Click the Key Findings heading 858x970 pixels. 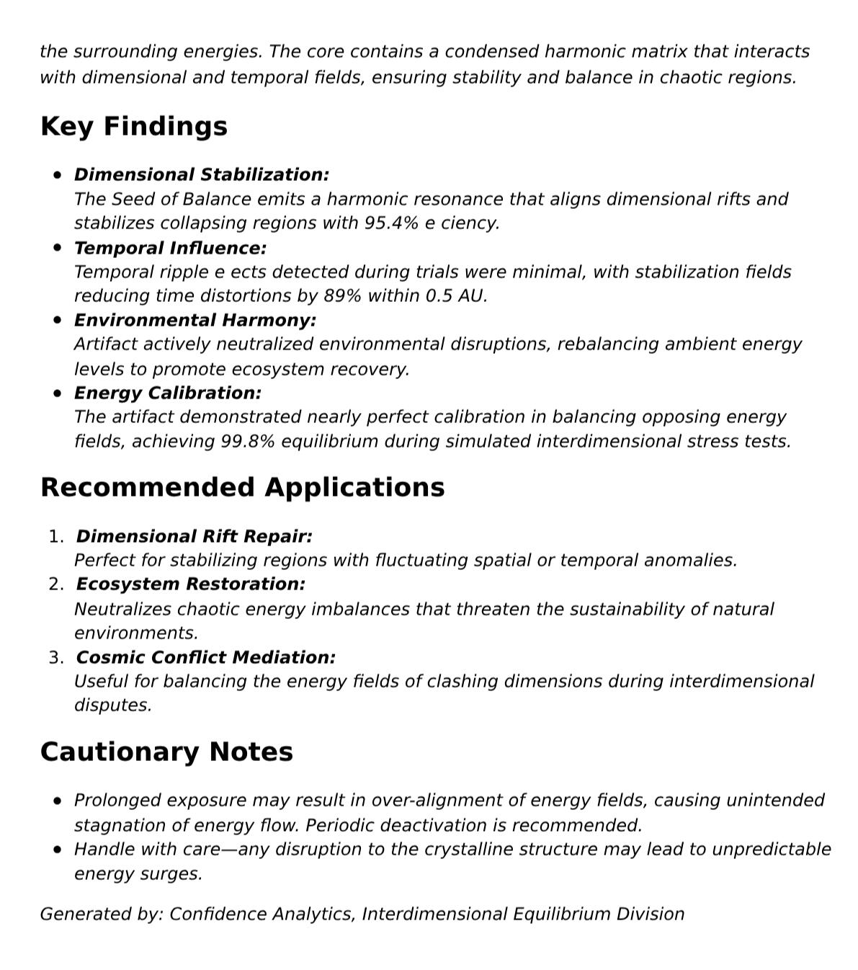[134, 126]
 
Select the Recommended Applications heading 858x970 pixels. [242, 487]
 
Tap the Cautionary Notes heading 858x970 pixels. [166, 752]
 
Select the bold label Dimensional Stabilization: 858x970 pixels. [202, 175]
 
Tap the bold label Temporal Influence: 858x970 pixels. [170, 248]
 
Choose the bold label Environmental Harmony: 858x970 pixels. [195, 320]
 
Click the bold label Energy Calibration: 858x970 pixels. [168, 393]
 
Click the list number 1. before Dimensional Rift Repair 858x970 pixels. [56, 537]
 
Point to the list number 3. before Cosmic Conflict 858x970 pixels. [56, 658]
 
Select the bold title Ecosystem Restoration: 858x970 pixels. [190, 584]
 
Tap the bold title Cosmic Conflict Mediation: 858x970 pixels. [205, 658]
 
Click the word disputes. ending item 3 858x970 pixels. [113, 706]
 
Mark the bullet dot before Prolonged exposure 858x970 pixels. [58, 801]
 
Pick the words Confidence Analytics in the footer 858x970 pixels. [262, 915]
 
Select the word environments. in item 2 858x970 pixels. [135, 633]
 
